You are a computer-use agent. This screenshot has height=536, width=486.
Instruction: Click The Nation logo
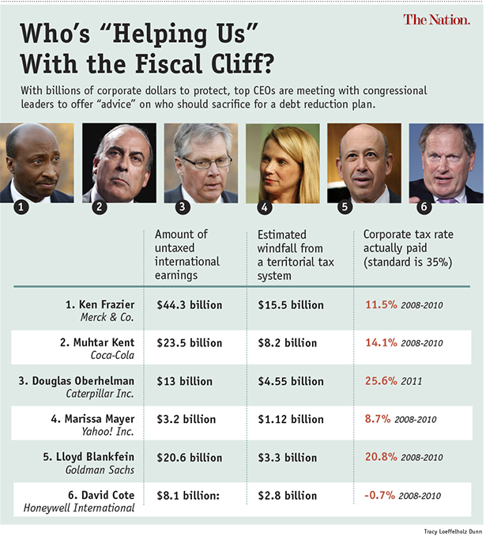[436, 20]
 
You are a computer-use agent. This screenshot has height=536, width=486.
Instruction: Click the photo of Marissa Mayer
[282, 162]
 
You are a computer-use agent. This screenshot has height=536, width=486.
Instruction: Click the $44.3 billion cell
[189, 304]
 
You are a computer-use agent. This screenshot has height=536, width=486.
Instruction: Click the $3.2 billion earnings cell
[186, 420]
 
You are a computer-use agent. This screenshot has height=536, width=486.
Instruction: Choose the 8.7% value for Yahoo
[377, 420]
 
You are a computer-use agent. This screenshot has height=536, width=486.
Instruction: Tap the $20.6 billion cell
[189, 458]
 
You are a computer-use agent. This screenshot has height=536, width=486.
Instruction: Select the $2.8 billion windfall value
[290, 496]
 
